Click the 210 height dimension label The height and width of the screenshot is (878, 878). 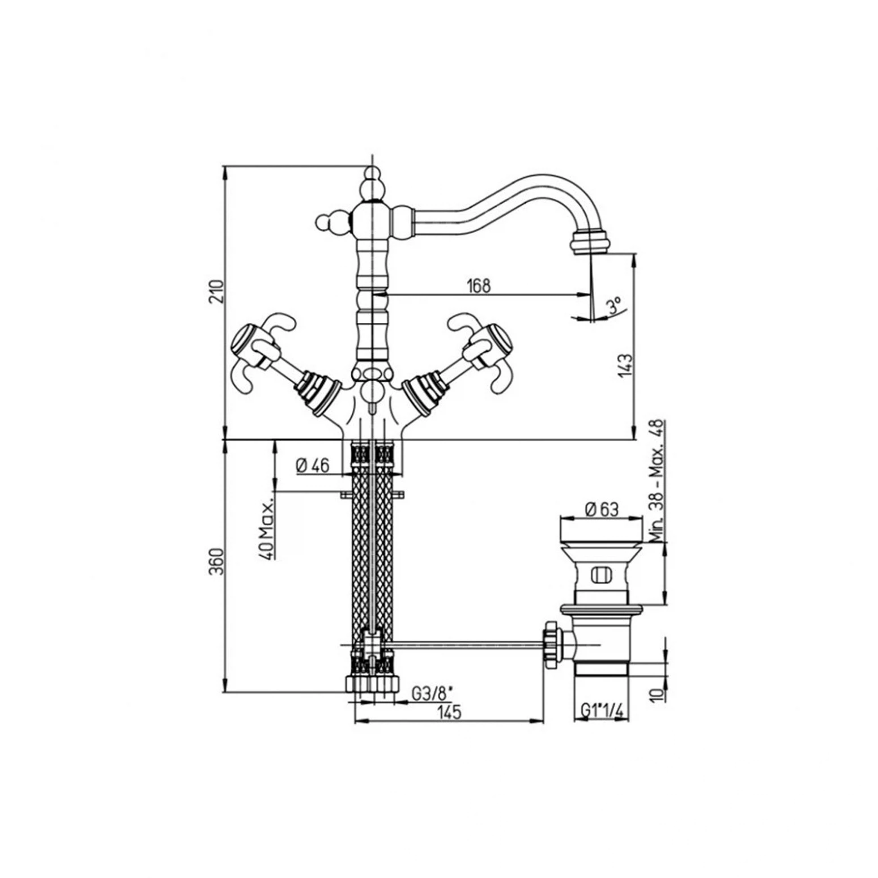(217, 292)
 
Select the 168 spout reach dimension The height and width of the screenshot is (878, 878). (479, 285)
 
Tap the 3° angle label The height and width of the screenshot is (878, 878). (613, 307)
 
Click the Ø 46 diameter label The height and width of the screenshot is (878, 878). (312, 465)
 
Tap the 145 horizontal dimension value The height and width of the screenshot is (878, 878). (449, 712)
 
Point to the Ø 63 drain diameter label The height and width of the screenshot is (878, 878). (601, 509)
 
